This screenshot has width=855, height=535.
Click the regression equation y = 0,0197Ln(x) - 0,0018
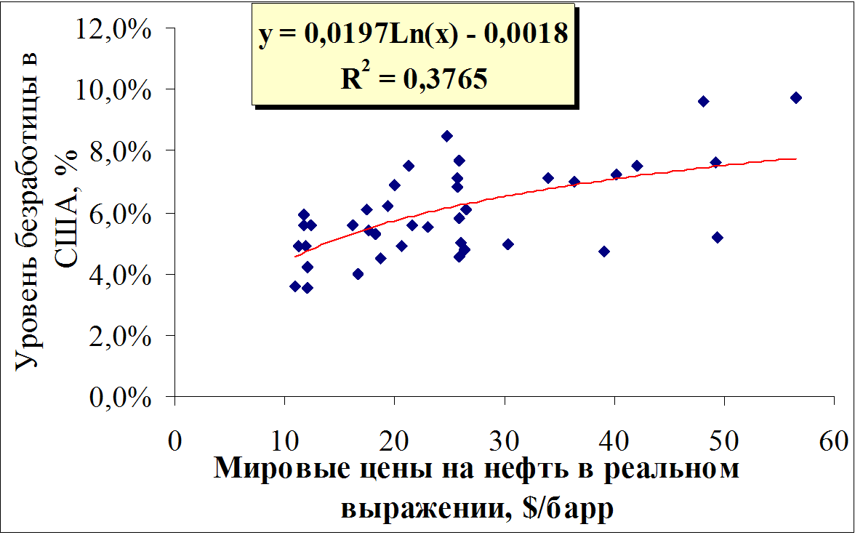(x=413, y=34)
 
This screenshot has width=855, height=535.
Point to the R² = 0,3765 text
(x=414, y=77)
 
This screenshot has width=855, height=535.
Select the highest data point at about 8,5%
(x=447, y=136)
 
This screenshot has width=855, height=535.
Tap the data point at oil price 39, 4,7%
(x=603, y=252)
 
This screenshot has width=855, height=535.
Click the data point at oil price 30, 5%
(x=507, y=244)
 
